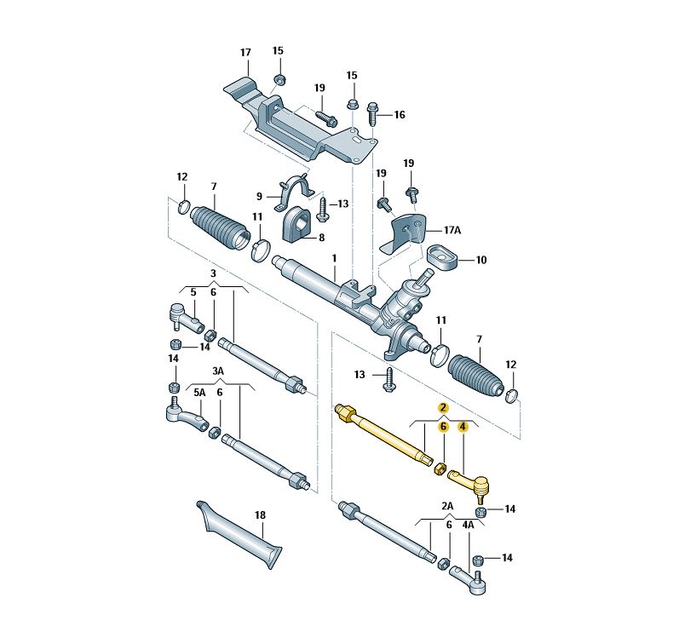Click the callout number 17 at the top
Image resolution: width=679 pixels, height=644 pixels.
245,53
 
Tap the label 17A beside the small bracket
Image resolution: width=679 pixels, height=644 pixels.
452,230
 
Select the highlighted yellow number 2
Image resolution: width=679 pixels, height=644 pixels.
443,407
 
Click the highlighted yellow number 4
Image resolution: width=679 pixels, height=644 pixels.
463,427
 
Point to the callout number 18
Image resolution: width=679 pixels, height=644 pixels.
260,515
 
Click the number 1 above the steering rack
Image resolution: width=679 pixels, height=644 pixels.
334,258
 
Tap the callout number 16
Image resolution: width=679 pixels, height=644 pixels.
400,115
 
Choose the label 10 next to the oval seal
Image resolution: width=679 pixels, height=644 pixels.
481,260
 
